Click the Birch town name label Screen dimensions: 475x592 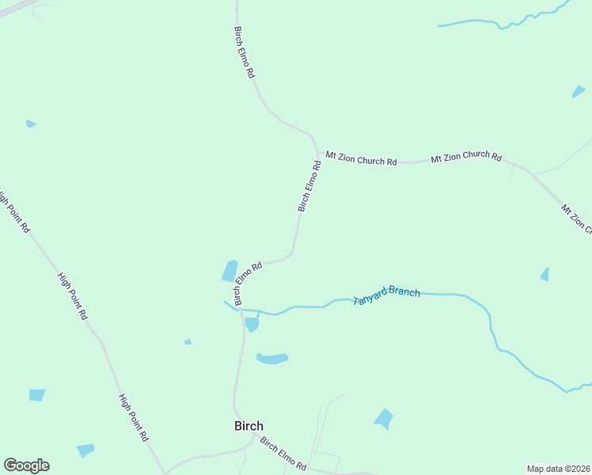249,425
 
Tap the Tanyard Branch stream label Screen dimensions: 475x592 386,296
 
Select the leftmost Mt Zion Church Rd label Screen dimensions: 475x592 361,161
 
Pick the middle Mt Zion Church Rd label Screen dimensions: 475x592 466,158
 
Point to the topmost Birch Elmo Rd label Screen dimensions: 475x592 244,51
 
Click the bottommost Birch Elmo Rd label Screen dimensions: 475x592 283,454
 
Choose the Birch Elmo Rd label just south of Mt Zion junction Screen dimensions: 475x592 309,186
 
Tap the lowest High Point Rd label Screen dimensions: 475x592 133,417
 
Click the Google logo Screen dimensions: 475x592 26,465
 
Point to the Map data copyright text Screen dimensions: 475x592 558,469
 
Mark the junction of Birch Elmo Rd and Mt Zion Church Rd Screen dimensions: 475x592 318,153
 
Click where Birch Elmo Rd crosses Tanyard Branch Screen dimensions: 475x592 241,310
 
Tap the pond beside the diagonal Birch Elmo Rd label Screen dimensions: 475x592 230,271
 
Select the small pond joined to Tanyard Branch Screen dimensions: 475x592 252,324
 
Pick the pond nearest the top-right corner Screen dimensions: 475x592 579,92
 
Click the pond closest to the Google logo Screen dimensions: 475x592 85,450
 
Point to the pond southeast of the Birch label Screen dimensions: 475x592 384,418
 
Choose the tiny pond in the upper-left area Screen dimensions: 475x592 30,123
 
